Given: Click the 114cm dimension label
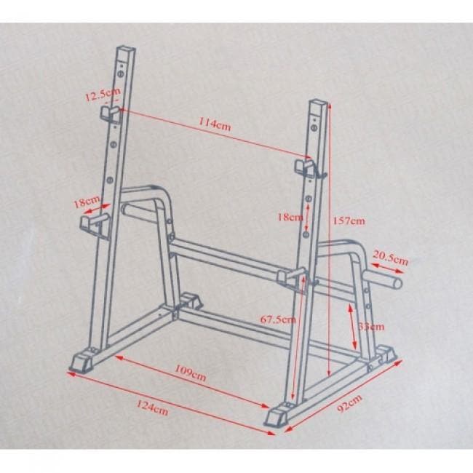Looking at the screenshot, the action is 215,124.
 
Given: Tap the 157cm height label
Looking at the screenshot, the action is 349,220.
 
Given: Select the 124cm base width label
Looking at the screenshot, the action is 152,408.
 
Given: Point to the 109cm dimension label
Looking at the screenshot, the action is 191,373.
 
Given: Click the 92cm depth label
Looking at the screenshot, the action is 349,403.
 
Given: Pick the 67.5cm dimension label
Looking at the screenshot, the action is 278,319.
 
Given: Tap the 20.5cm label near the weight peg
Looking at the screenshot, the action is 390,258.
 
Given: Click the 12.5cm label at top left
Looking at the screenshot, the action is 103,94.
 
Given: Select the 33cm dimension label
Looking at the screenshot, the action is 371,327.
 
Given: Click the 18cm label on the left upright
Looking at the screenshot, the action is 87,202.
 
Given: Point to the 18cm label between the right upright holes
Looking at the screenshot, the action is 290,217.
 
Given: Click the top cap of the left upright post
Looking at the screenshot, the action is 127,49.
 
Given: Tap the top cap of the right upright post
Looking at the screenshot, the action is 318,103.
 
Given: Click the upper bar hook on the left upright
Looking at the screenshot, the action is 111,114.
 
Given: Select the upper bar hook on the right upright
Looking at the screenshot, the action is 306,168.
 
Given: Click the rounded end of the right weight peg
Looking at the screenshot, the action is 397,283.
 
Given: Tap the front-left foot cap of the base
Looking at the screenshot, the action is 81,362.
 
